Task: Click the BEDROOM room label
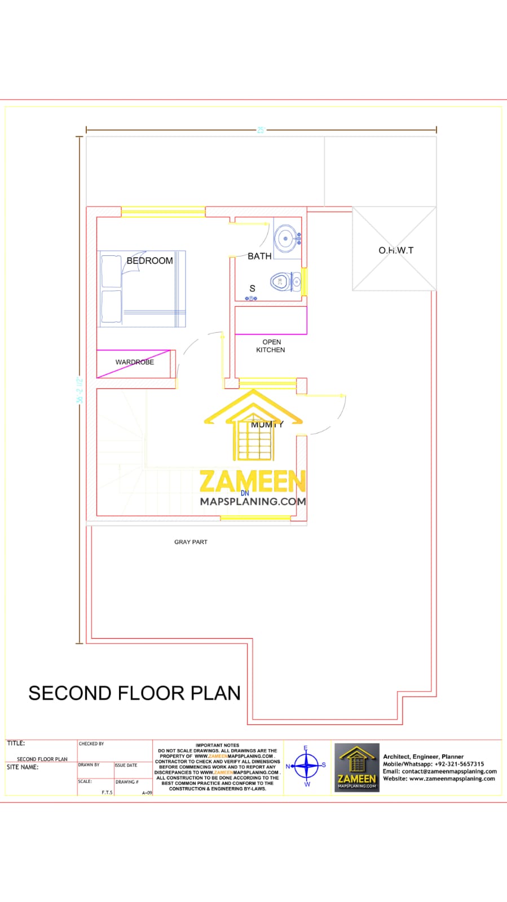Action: pos(149,260)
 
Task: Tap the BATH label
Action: pos(259,256)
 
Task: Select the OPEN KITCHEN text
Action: pos(271,346)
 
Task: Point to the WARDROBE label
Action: pos(134,362)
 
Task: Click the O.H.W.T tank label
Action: pos(395,250)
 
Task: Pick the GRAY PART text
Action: pos(191,542)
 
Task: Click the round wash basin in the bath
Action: pos(285,238)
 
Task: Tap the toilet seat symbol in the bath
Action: pos(280,281)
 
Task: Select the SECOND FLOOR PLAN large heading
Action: pos(134,693)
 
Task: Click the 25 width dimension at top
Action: pos(261,130)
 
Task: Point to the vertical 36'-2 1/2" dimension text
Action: pos(80,390)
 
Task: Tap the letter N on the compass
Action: pos(288,766)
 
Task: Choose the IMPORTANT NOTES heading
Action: pos(217,745)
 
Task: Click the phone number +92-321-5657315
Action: pos(459,764)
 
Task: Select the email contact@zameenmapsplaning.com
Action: pos(449,771)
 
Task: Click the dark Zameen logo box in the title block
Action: pos(356,767)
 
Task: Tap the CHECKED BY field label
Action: pos(91,744)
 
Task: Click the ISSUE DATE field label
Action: pos(126,765)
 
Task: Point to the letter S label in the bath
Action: pos(252,288)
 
